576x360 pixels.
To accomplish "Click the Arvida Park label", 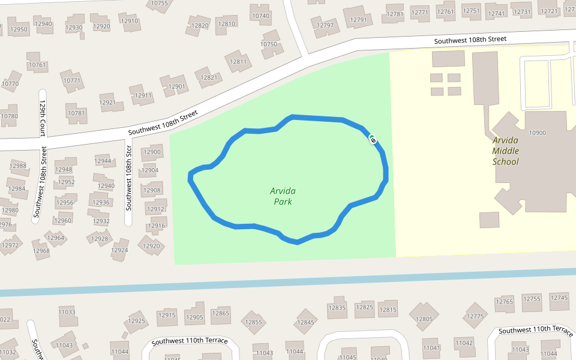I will pyautogui.click(x=283, y=196).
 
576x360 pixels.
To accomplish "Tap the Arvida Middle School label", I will pyautogui.click(x=505, y=151).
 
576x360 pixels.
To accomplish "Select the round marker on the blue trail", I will pyautogui.click(x=373, y=140).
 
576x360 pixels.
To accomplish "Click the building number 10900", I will pyautogui.click(x=537, y=133).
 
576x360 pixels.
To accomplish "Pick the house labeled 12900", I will pyautogui.click(x=152, y=152).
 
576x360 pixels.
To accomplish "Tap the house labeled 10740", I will pyautogui.click(x=260, y=16).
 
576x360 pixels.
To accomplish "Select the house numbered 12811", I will pyautogui.click(x=238, y=62).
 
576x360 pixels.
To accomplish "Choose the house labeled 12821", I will pyautogui.click(x=209, y=77).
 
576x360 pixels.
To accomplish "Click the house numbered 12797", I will pyautogui.click(x=325, y=25).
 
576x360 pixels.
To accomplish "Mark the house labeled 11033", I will pyautogui.click(x=67, y=313).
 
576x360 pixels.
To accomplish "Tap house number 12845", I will pyautogui.click(x=306, y=323).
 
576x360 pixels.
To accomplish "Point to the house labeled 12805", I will pyautogui.click(x=424, y=319).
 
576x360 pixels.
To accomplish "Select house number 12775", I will pyautogui.click(x=475, y=316).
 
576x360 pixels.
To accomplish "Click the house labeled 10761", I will pyautogui.click(x=37, y=65).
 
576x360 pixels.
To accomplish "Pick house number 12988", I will pyautogui.click(x=19, y=166).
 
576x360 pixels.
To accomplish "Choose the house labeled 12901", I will pyautogui.click(x=176, y=86).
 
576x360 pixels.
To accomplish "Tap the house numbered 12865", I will pyautogui.click(x=220, y=313).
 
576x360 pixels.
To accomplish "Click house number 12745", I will pyautogui.click(x=559, y=298).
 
